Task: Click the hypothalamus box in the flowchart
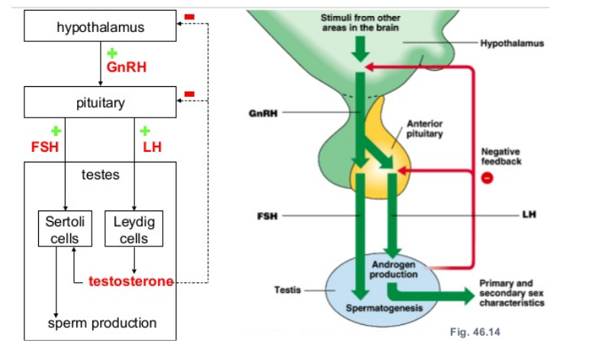(100, 29)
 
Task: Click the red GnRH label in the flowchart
(126, 67)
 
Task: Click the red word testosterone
(131, 281)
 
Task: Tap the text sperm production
(102, 323)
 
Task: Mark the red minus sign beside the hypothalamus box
(189, 15)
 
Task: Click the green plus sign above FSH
(55, 130)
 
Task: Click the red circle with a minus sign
(487, 178)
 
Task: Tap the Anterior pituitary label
(425, 127)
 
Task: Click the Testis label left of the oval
(287, 290)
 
